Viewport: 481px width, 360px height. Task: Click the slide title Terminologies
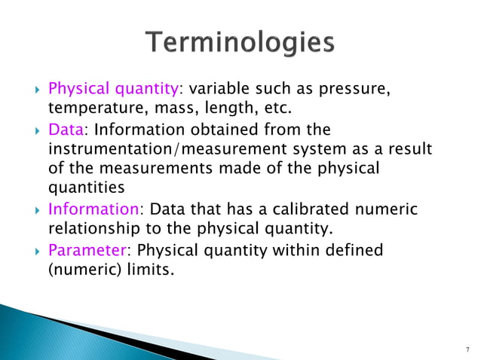click(x=240, y=42)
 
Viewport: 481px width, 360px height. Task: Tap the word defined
click(x=351, y=249)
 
